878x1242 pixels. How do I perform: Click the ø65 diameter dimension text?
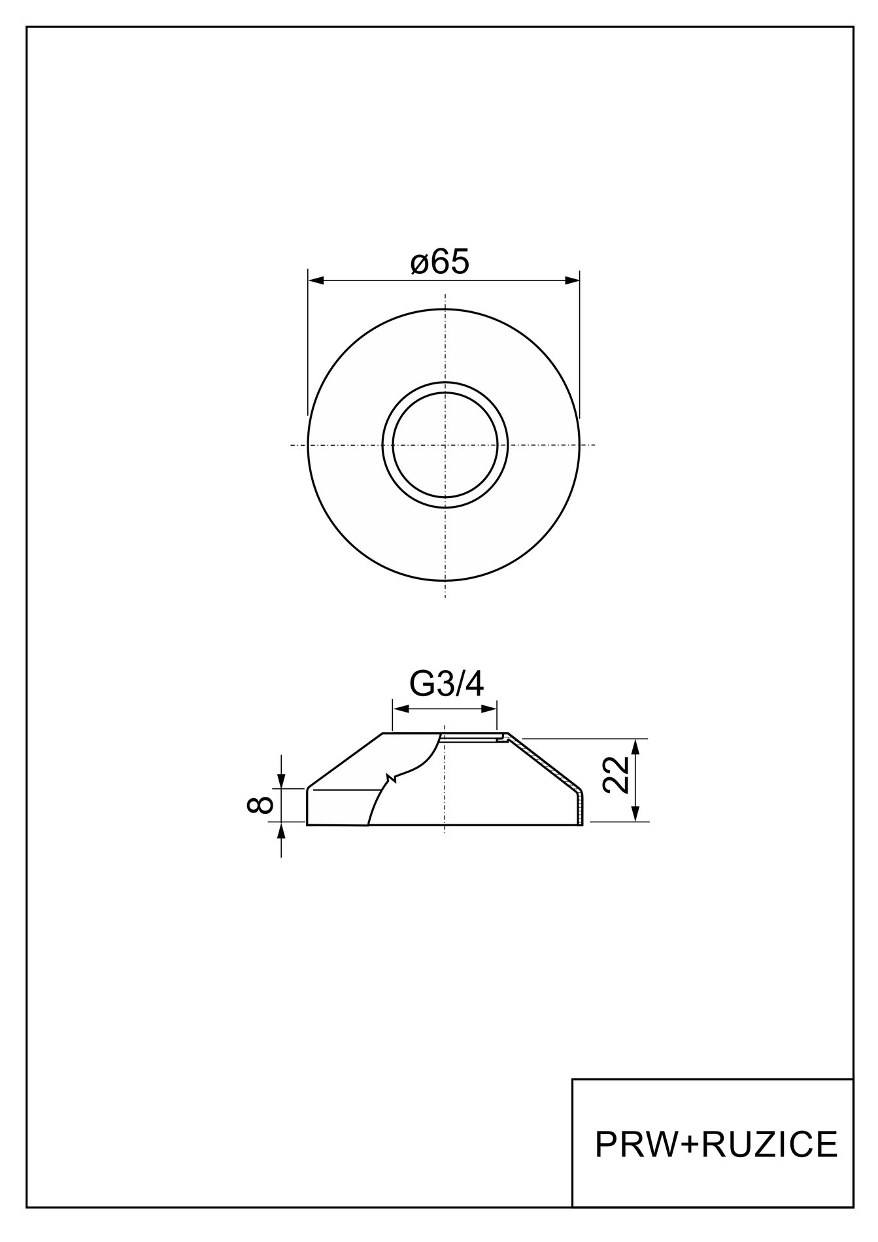tap(440, 263)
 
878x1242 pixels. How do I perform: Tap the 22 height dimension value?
tap(615, 775)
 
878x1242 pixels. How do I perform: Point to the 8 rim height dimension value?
tap(260, 804)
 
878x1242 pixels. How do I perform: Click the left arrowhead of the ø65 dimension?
tap(316, 280)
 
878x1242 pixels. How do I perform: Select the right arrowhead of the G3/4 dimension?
tap(489, 709)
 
